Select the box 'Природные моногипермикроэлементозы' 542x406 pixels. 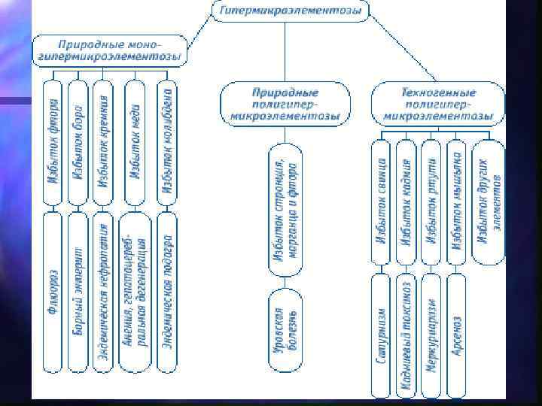click(111, 50)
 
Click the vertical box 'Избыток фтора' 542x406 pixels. click(53, 142)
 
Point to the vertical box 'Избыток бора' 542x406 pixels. click(78, 142)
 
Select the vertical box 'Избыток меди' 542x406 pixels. click(135, 142)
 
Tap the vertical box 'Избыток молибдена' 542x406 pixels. click(168, 142)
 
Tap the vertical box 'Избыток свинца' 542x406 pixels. click(383, 202)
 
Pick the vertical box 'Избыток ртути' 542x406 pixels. click(432, 202)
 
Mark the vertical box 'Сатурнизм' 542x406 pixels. click(383, 335)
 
